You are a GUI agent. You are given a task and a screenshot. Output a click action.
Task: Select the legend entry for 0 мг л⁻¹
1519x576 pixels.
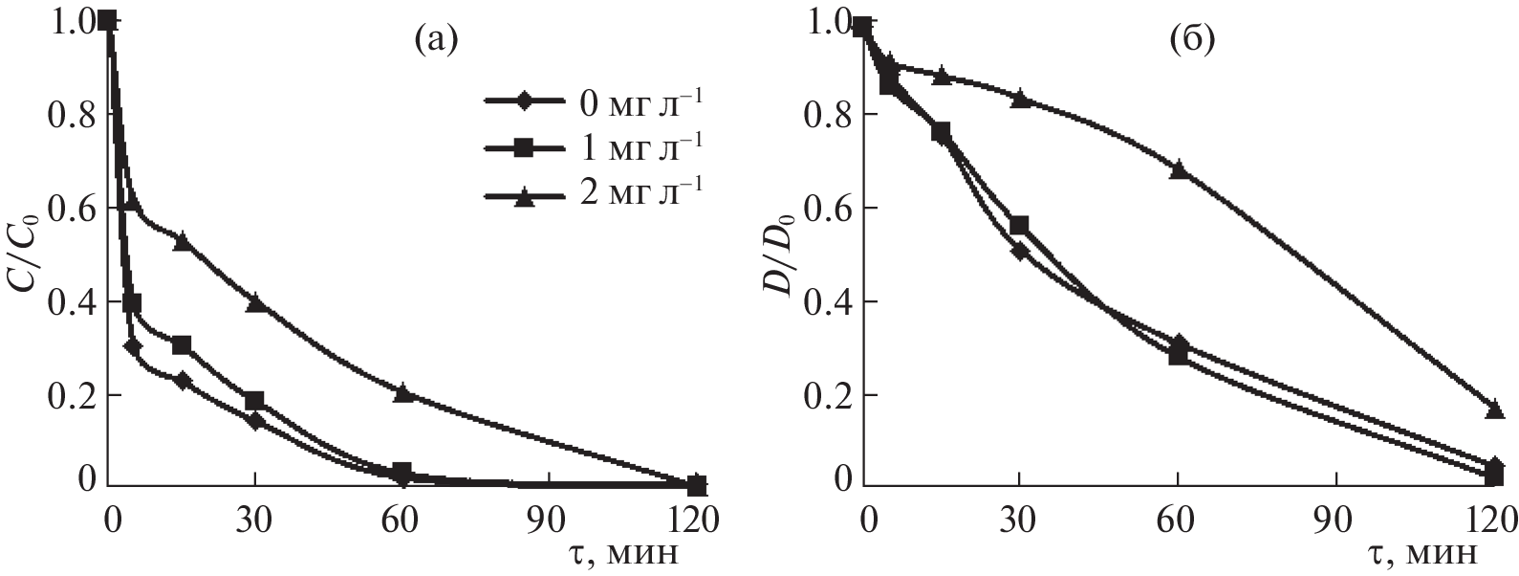(594, 100)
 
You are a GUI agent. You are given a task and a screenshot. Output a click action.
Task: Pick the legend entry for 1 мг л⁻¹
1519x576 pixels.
(594, 147)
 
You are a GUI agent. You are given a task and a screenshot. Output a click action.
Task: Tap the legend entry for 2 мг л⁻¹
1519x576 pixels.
(594, 194)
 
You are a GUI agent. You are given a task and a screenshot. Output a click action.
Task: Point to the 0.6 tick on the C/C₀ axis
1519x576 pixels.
(71, 209)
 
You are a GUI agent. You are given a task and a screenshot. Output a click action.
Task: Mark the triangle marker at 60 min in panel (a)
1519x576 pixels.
(402, 392)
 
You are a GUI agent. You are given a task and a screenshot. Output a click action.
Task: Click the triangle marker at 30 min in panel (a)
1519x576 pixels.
(255, 302)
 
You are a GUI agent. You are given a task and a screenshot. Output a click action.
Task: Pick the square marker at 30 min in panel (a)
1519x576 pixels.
(254, 400)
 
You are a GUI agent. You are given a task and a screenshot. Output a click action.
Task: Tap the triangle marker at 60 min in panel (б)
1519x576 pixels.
(1179, 169)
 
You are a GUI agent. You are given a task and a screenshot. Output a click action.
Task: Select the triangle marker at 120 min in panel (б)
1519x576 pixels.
(1494, 410)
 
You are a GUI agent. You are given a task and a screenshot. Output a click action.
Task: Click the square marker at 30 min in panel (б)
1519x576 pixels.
(1020, 225)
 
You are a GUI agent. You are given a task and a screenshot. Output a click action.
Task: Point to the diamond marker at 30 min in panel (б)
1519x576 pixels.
(1019, 252)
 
